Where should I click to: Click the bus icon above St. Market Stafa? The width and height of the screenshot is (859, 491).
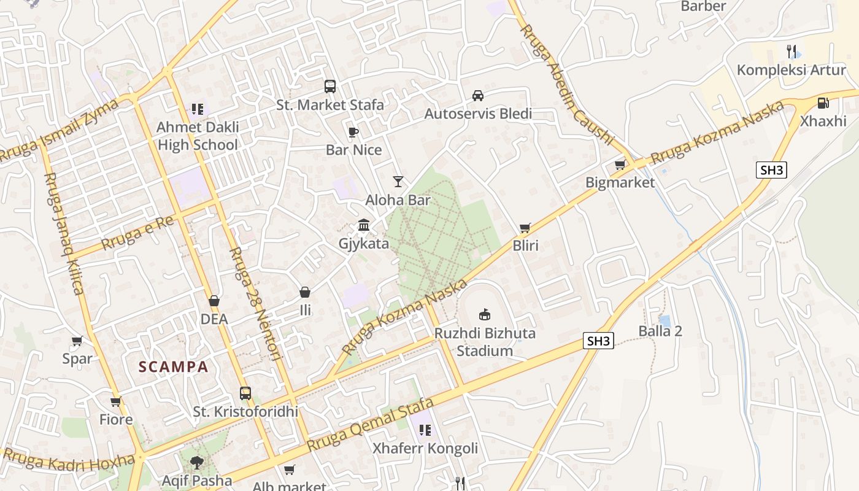coord(330,86)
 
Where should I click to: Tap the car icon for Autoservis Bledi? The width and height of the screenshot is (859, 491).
coord(478,95)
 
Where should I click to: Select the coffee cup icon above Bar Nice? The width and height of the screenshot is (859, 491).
coord(353,131)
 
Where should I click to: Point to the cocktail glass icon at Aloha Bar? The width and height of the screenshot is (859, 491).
coord(398,181)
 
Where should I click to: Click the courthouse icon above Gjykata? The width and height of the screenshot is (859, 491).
coord(364,225)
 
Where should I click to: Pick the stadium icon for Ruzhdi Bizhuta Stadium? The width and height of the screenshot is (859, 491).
coord(485,314)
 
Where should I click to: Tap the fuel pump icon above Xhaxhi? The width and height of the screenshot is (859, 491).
coord(823,102)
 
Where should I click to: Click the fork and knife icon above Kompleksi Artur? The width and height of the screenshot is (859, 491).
coord(792,52)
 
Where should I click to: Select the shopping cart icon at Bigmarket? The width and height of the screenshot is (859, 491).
coord(620,164)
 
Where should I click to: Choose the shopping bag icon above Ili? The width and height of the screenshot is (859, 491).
coord(305,292)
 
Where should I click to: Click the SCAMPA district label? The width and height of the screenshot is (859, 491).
coord(174,367)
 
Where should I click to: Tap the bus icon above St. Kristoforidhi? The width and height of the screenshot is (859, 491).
coord(245,393)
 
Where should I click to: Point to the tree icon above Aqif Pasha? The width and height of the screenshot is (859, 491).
coord(196,462)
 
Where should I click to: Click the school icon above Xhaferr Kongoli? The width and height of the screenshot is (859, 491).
coord(425,430)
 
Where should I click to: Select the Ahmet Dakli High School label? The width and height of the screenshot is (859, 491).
coord(198,136)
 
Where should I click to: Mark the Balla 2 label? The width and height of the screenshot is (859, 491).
coord(660,331)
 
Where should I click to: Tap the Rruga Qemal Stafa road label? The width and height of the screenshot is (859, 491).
coord(371,425)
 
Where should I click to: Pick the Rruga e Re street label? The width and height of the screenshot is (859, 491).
coord(137,233)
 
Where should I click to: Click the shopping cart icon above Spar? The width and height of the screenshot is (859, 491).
coord(77,341)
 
